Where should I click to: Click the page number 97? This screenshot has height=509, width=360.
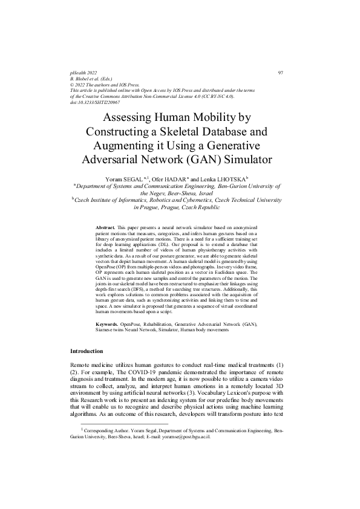coord(280,73)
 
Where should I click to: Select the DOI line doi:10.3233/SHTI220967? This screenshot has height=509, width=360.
coord(96,102)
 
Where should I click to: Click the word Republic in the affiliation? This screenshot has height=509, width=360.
coord(212,206)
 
